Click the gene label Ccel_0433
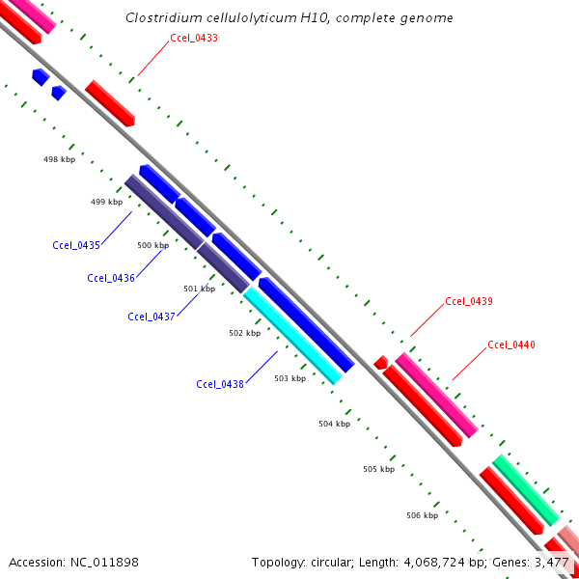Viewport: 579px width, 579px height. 193,38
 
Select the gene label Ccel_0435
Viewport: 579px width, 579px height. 76,245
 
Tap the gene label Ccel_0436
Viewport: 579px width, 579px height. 111,278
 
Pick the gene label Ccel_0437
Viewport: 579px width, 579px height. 152,317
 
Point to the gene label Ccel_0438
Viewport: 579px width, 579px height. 220,384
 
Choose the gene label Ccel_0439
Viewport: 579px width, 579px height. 469,301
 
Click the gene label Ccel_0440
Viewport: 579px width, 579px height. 511,345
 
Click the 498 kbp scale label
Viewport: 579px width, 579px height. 59,159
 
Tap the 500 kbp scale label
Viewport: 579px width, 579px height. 152,245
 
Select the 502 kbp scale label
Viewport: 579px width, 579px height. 244,333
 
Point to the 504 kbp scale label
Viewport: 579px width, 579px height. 334,423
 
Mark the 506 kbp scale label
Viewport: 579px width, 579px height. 422,515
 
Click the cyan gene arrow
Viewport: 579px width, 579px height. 292,336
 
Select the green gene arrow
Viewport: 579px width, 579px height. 526,490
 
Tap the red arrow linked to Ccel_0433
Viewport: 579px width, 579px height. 110,103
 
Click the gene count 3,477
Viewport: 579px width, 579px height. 551,562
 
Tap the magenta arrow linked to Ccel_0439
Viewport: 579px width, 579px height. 436,395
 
